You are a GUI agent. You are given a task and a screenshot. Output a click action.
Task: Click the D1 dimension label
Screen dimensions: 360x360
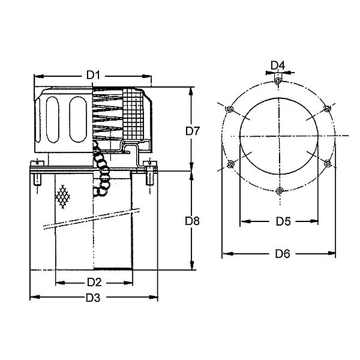(x=93, y=75)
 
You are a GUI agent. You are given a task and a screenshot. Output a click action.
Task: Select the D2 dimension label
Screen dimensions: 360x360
(x=94, y=282)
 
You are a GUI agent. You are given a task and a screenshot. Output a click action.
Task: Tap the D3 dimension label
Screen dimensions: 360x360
(x=93, y=298)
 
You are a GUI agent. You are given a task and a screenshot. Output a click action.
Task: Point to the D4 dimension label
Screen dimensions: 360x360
(x=278, y=65)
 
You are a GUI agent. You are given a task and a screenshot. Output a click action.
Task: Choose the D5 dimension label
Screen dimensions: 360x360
(x=283, y=221)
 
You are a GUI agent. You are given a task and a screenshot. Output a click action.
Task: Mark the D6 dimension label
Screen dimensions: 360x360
(x=283, y=254)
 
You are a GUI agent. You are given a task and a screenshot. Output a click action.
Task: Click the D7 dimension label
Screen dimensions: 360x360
(x=193, y=131)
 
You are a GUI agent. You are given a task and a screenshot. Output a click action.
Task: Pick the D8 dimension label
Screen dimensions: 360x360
(x=192, y=221)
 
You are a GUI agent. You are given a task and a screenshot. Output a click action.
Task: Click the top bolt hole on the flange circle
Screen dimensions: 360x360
(x=278, y=81)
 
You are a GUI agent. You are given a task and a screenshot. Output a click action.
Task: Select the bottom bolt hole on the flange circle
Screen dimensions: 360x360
(x=280, y=191)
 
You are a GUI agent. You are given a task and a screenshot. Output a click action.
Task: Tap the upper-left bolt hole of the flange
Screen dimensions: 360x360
(x=229, y=109)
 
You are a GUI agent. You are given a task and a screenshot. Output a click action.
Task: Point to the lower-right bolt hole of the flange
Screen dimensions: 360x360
(x=328, y=163)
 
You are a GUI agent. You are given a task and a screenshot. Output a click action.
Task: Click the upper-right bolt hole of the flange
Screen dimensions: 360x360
(x=327, y=108)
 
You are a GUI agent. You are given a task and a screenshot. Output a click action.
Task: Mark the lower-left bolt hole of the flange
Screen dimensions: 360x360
(x=230, y=164)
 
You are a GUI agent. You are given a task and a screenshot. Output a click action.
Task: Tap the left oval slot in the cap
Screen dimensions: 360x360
(x=52, y=119)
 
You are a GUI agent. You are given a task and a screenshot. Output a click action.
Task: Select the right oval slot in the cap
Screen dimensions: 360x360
(x=78, y=119)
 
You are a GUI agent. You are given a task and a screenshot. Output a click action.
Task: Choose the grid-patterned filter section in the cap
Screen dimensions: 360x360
(x=133, y=113)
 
